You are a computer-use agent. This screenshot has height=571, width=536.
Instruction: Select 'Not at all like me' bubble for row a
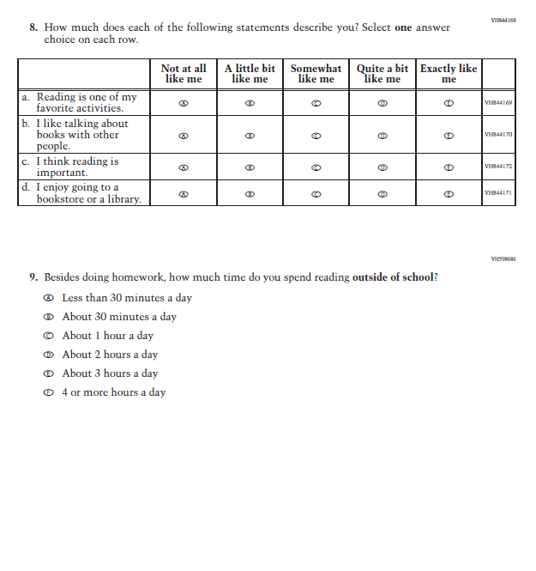click(184, 103)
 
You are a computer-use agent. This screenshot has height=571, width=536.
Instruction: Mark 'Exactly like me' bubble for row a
click(449, 103)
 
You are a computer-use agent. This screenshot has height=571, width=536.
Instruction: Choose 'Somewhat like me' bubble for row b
click(316, 136)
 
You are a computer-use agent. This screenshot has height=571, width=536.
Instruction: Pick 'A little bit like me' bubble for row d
click(250, 194)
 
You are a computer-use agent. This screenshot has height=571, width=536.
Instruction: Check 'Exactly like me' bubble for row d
click(449, 194)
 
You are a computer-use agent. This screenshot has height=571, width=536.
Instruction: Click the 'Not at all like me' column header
click(184, 74)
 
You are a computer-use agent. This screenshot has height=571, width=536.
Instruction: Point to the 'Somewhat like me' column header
click(316, 74)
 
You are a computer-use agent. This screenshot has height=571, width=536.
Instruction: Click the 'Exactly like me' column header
click(449, 74)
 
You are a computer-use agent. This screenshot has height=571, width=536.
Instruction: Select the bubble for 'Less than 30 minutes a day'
click(49, 298)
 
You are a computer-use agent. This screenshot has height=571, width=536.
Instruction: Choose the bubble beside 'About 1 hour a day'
click(49, 336)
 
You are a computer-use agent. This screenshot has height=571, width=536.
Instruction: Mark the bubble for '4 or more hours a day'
click(49, 392)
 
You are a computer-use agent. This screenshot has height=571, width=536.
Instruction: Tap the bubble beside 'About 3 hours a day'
click(49, 374)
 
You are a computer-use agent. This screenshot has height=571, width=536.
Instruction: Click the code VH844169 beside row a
click(498, 103)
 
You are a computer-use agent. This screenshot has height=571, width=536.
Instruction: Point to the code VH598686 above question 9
click(503, 258)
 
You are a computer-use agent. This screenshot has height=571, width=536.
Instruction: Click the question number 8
click(33, 28)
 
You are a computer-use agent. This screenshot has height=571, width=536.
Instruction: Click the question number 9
click(33, 277)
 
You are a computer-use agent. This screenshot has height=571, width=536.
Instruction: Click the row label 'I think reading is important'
click(77, 167)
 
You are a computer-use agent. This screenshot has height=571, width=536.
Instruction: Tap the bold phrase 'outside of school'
click(392, 277)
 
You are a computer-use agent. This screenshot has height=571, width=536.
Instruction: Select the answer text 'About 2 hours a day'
click(110, 355)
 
